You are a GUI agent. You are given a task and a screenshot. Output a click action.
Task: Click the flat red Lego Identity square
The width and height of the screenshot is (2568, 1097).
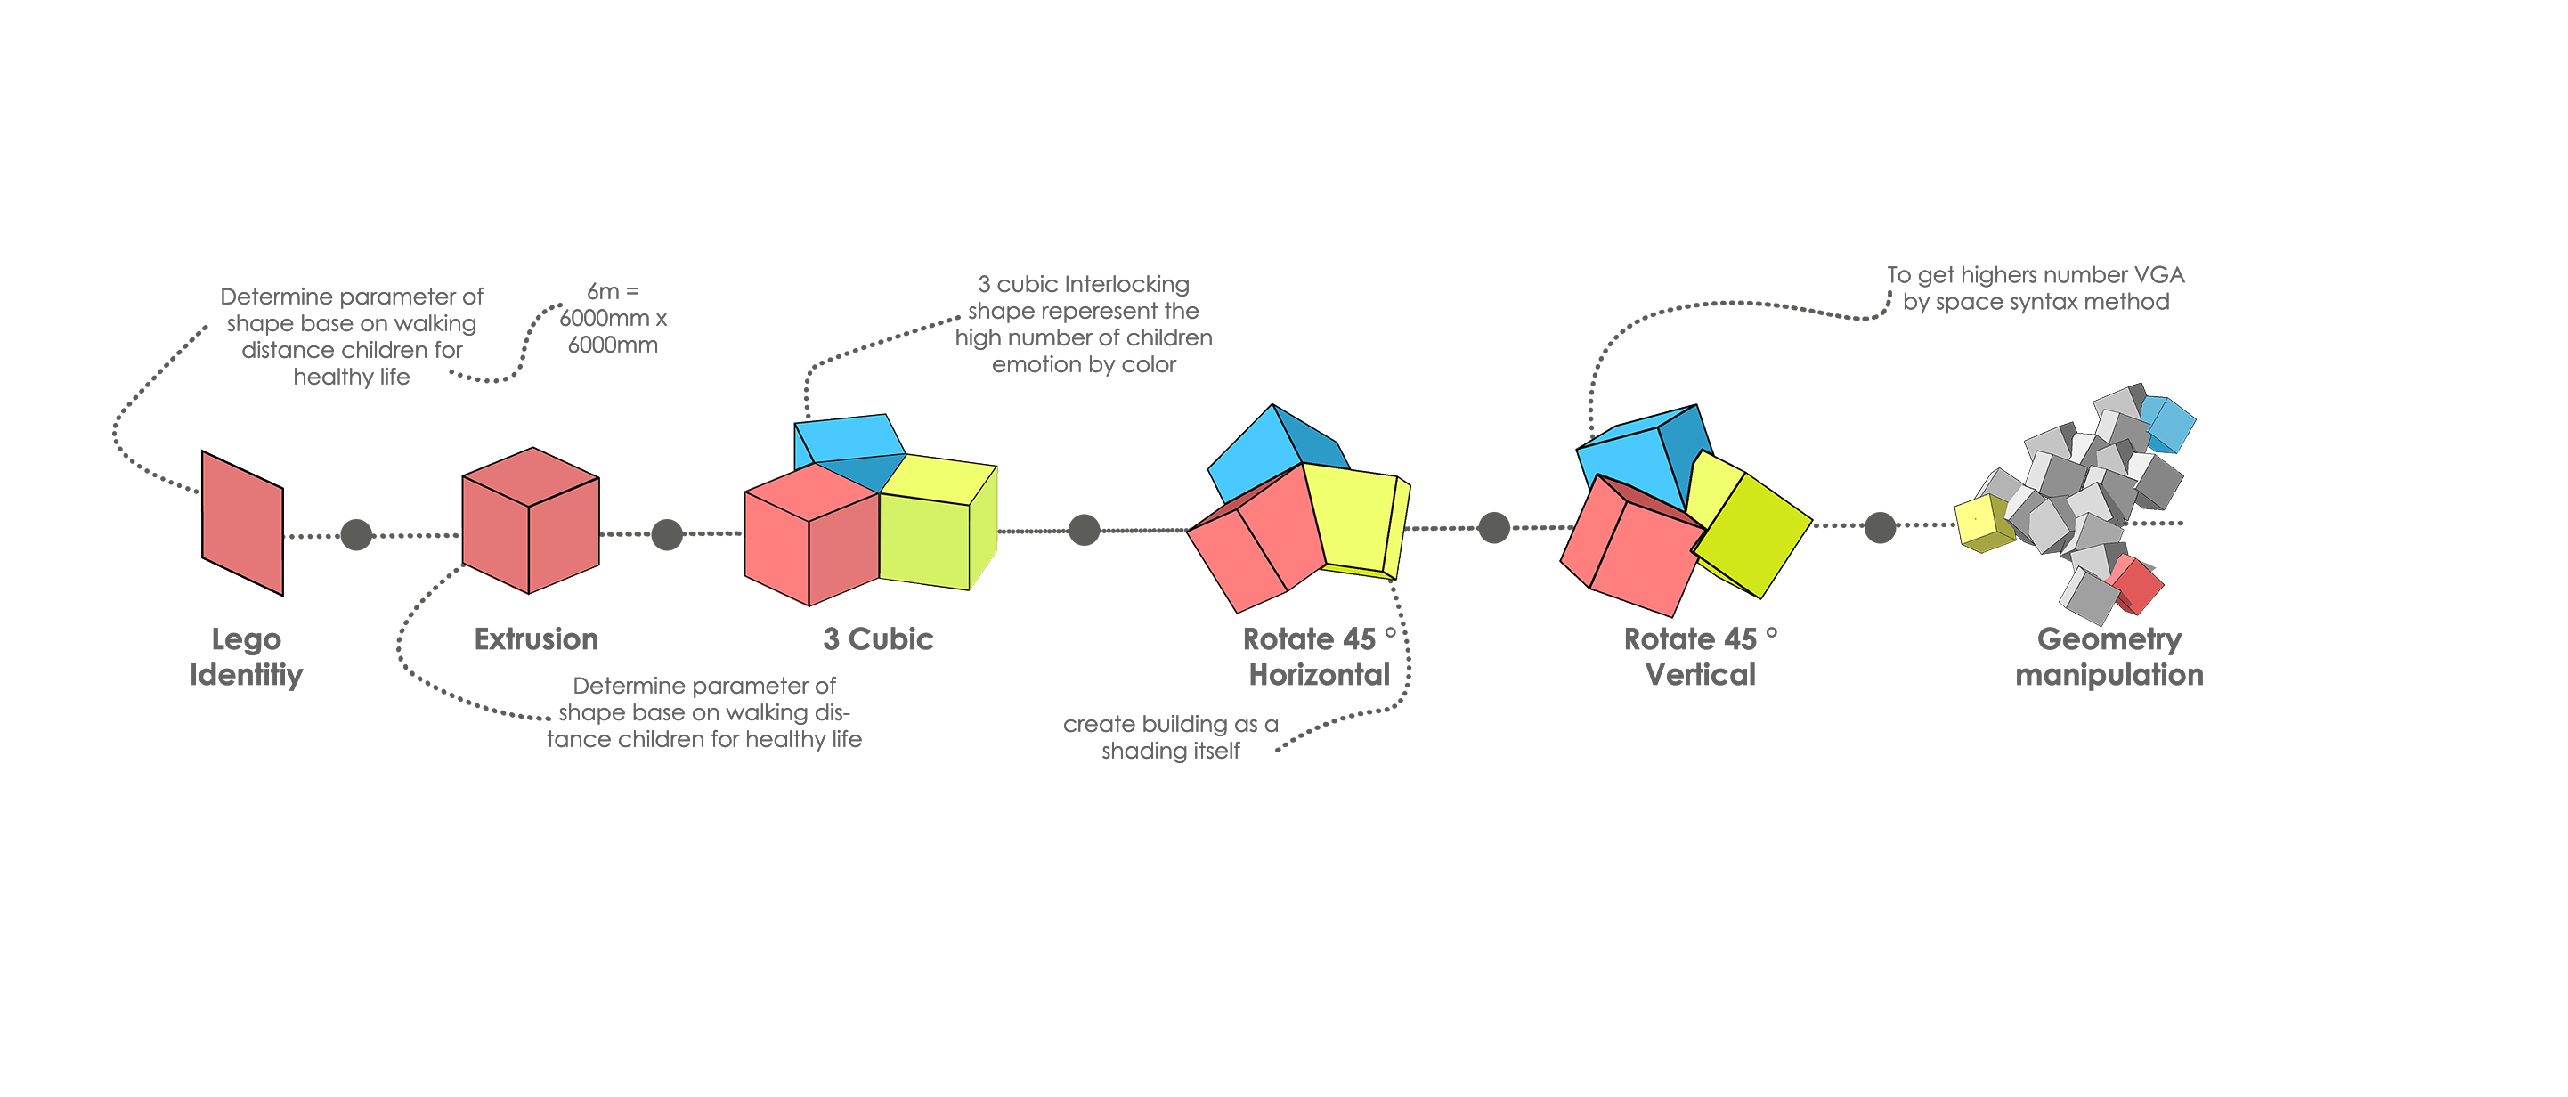pos(242,523)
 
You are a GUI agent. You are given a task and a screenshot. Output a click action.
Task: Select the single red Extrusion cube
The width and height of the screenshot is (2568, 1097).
pos(531,521)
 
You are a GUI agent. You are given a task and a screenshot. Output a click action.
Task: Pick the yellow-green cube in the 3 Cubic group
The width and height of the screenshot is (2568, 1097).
pos(937,524)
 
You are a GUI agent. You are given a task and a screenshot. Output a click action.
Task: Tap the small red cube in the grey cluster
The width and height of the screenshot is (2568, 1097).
pos(2135,585)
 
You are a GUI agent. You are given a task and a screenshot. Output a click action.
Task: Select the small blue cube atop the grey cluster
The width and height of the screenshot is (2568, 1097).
pos(2169,423)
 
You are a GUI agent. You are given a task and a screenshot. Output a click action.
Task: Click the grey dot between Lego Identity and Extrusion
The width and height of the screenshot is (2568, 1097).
pos(356,534)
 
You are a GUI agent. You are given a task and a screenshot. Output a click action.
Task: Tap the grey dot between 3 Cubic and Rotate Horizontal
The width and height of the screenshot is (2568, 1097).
pos(1084,530)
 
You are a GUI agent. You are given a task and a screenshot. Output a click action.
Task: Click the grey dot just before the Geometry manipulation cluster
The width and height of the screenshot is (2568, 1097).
pos(1879,526)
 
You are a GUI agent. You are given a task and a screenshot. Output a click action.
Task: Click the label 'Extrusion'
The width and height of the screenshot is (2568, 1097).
pos(536,639)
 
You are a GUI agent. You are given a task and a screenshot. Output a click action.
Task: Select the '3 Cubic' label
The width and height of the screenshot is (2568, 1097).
pos(878,639)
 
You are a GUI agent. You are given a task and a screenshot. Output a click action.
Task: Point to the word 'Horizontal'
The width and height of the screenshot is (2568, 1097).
pos(1319,675)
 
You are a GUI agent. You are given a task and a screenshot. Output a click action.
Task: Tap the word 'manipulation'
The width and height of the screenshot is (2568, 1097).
pos(2109,675)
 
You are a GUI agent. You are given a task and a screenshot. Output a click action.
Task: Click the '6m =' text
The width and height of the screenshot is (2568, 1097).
pos(612,291)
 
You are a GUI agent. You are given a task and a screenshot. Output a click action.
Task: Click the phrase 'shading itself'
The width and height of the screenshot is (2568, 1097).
pos(1170,751)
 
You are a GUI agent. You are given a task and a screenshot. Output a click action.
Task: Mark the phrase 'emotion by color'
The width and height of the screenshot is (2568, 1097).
pos(1084,365)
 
